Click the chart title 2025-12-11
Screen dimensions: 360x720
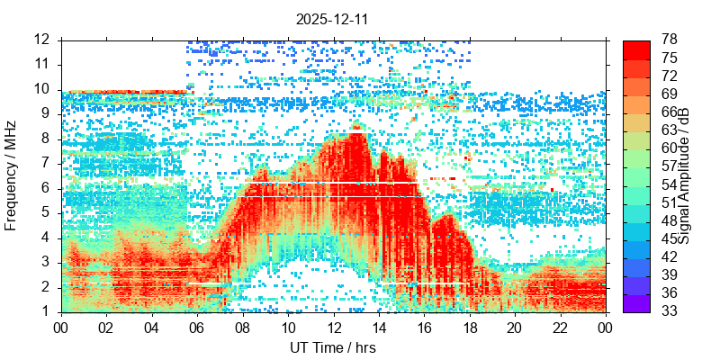332,18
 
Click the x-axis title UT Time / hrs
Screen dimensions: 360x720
332,347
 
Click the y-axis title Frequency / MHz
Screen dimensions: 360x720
12,176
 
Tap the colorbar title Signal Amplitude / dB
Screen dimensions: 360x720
684,176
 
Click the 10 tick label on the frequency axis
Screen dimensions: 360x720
42,89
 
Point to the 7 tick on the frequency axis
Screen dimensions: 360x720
47,164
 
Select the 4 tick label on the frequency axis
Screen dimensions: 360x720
47,238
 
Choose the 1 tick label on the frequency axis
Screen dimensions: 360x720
47,312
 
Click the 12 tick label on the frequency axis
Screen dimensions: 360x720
42,40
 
